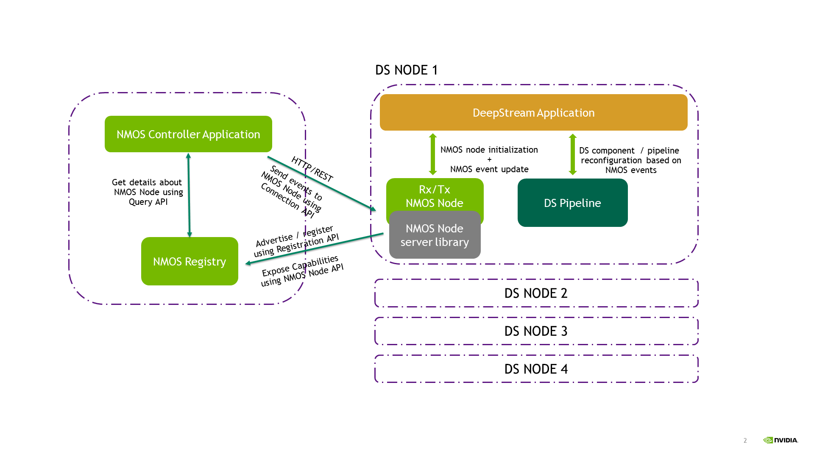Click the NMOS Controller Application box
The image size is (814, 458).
click(x=188, y=134)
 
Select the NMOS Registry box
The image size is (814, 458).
click(x=190, y=261)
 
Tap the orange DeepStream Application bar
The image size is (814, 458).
click(x=533, y=112)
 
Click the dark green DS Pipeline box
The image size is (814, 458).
click(x=572, y=203)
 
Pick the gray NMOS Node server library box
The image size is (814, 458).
click(x=435, y=235)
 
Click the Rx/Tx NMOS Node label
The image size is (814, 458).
click(x=435, y=195)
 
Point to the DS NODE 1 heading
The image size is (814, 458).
click(x=406, y=70)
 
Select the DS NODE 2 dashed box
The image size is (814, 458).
click(x=536, y=293)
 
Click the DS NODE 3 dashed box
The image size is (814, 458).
click(x=536, y=331)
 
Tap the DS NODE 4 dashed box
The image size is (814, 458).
click(x=536, y=369)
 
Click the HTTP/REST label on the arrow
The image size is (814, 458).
click(x=312, y=169)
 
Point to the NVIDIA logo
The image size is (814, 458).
click(x=781, y=440)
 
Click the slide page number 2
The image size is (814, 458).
click(x=745, y=441)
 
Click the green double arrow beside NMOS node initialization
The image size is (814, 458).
click(x=433, y=154)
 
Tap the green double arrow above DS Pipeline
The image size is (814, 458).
click(x=572, y=154)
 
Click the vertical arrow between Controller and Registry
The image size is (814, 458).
click(x=189, y=195)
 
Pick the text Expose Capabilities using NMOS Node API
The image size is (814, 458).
click(x=302, y=271)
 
